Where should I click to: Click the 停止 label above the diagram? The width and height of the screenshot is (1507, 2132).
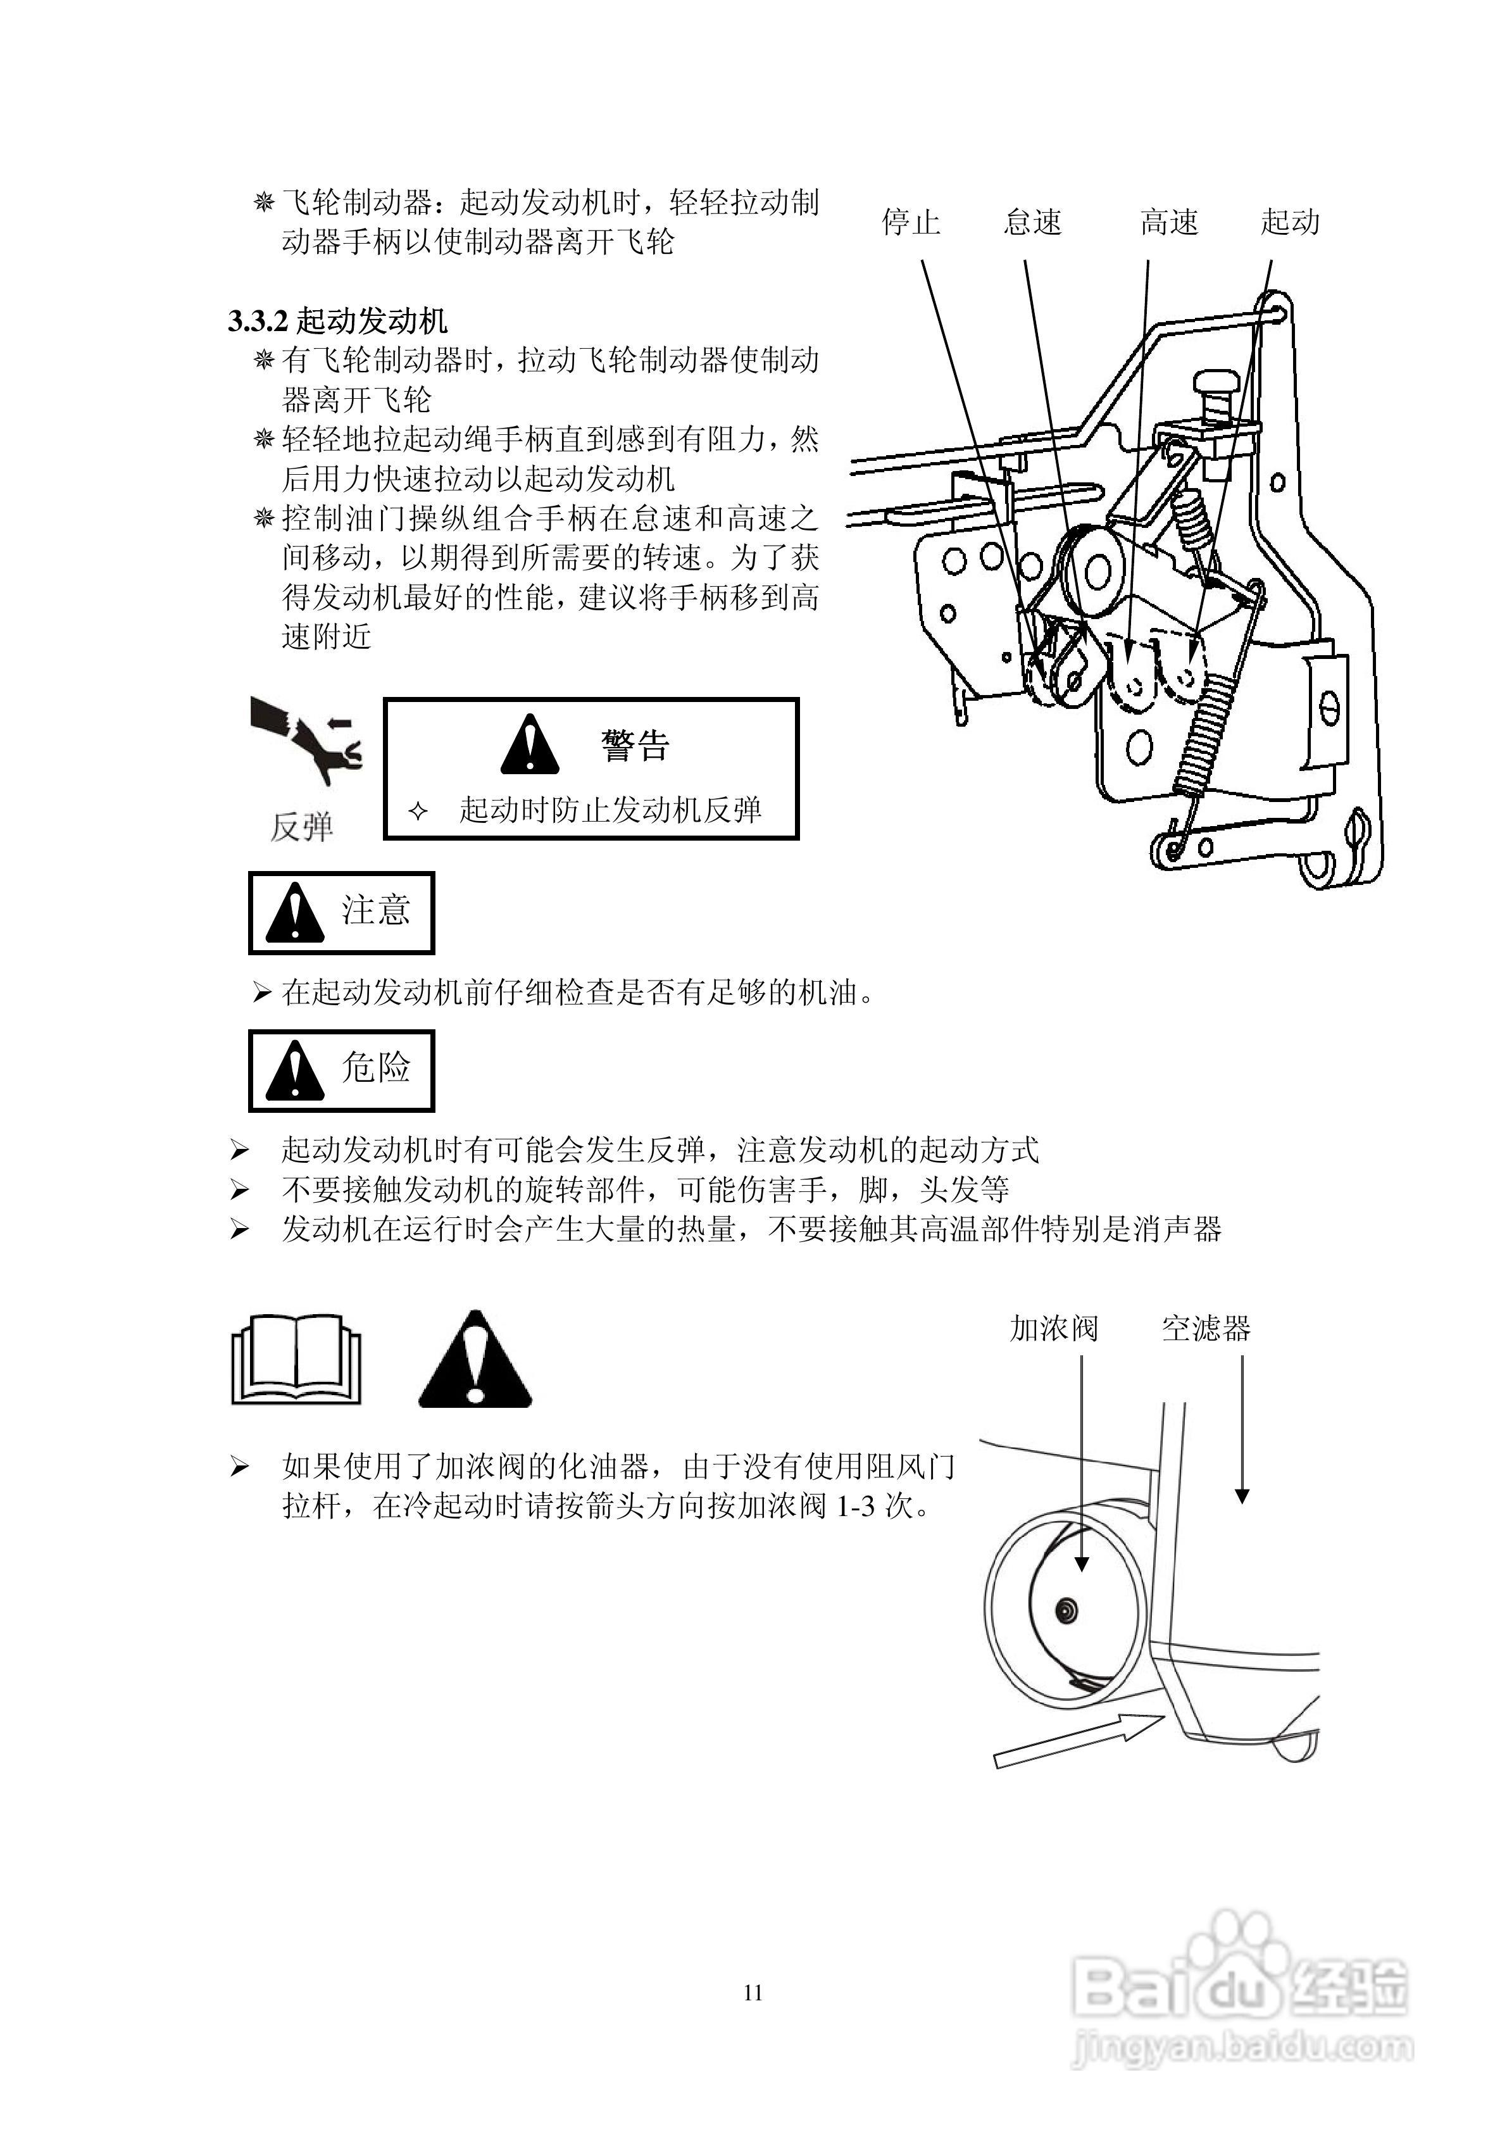coord(910,222)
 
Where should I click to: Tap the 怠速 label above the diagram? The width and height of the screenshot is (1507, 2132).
coord(1032,222)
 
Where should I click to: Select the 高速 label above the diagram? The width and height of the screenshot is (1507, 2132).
coord(1169,222)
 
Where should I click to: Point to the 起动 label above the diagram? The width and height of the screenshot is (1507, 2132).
coord(1290,222)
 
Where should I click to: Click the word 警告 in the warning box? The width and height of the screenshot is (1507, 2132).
coord(635,746)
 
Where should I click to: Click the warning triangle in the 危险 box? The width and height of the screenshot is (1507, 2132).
coord(294,1072)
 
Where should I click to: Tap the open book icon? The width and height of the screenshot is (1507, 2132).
coord(296,1360)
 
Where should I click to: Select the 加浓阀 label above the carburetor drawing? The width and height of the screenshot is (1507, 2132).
coord(1054,1329)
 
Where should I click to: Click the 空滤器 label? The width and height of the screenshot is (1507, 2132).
coord(1205,1329)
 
